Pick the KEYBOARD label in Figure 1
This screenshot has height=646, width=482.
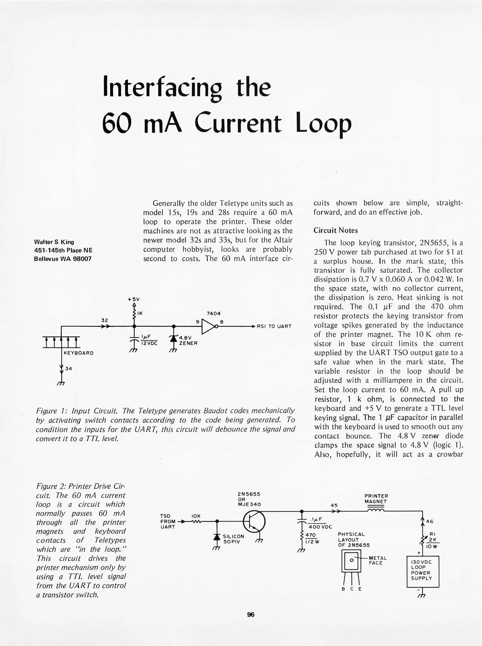pos(79,353)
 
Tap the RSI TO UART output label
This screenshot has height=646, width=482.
pos(274,326)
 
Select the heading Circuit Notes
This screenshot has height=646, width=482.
pos(335,231)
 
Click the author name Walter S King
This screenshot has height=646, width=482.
pos(54,242)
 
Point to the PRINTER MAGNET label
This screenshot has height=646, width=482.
pos(376,499)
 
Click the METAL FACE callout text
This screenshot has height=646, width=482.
pos(378,560)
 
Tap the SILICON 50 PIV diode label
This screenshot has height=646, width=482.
pos(234,539)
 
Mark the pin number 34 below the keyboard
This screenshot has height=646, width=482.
pos(68,369)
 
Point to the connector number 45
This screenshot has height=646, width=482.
pos(334,505)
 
